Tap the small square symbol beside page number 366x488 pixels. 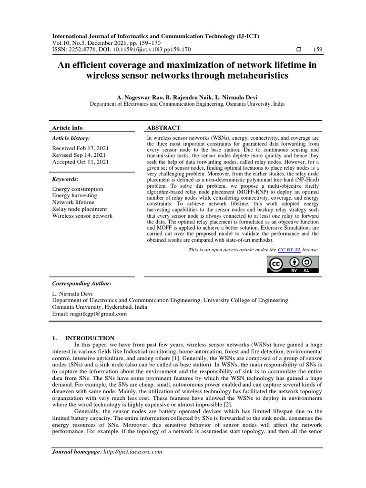pos(299,50)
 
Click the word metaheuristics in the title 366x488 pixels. pos(256,75)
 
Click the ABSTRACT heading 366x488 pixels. pos(163,128)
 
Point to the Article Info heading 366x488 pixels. pos(67,128)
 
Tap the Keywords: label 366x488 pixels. pos(65,179)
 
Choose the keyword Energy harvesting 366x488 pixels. pos(74,196)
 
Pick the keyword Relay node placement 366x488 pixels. pos(80,209)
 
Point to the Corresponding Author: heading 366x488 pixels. pos(81,283)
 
